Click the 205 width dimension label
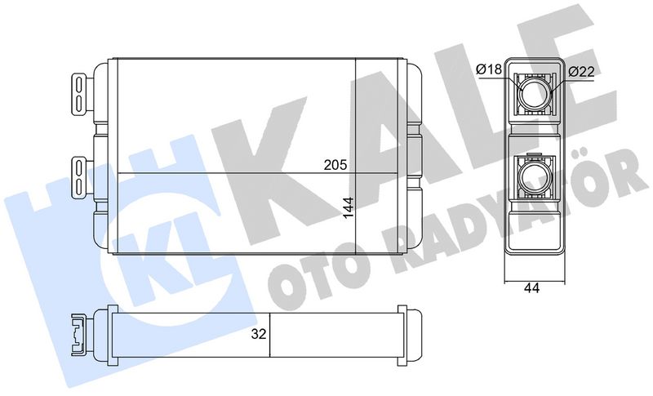[335, 165]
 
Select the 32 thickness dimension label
[258, 334]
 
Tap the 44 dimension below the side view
[531, 287]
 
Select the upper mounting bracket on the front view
[81, 94]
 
